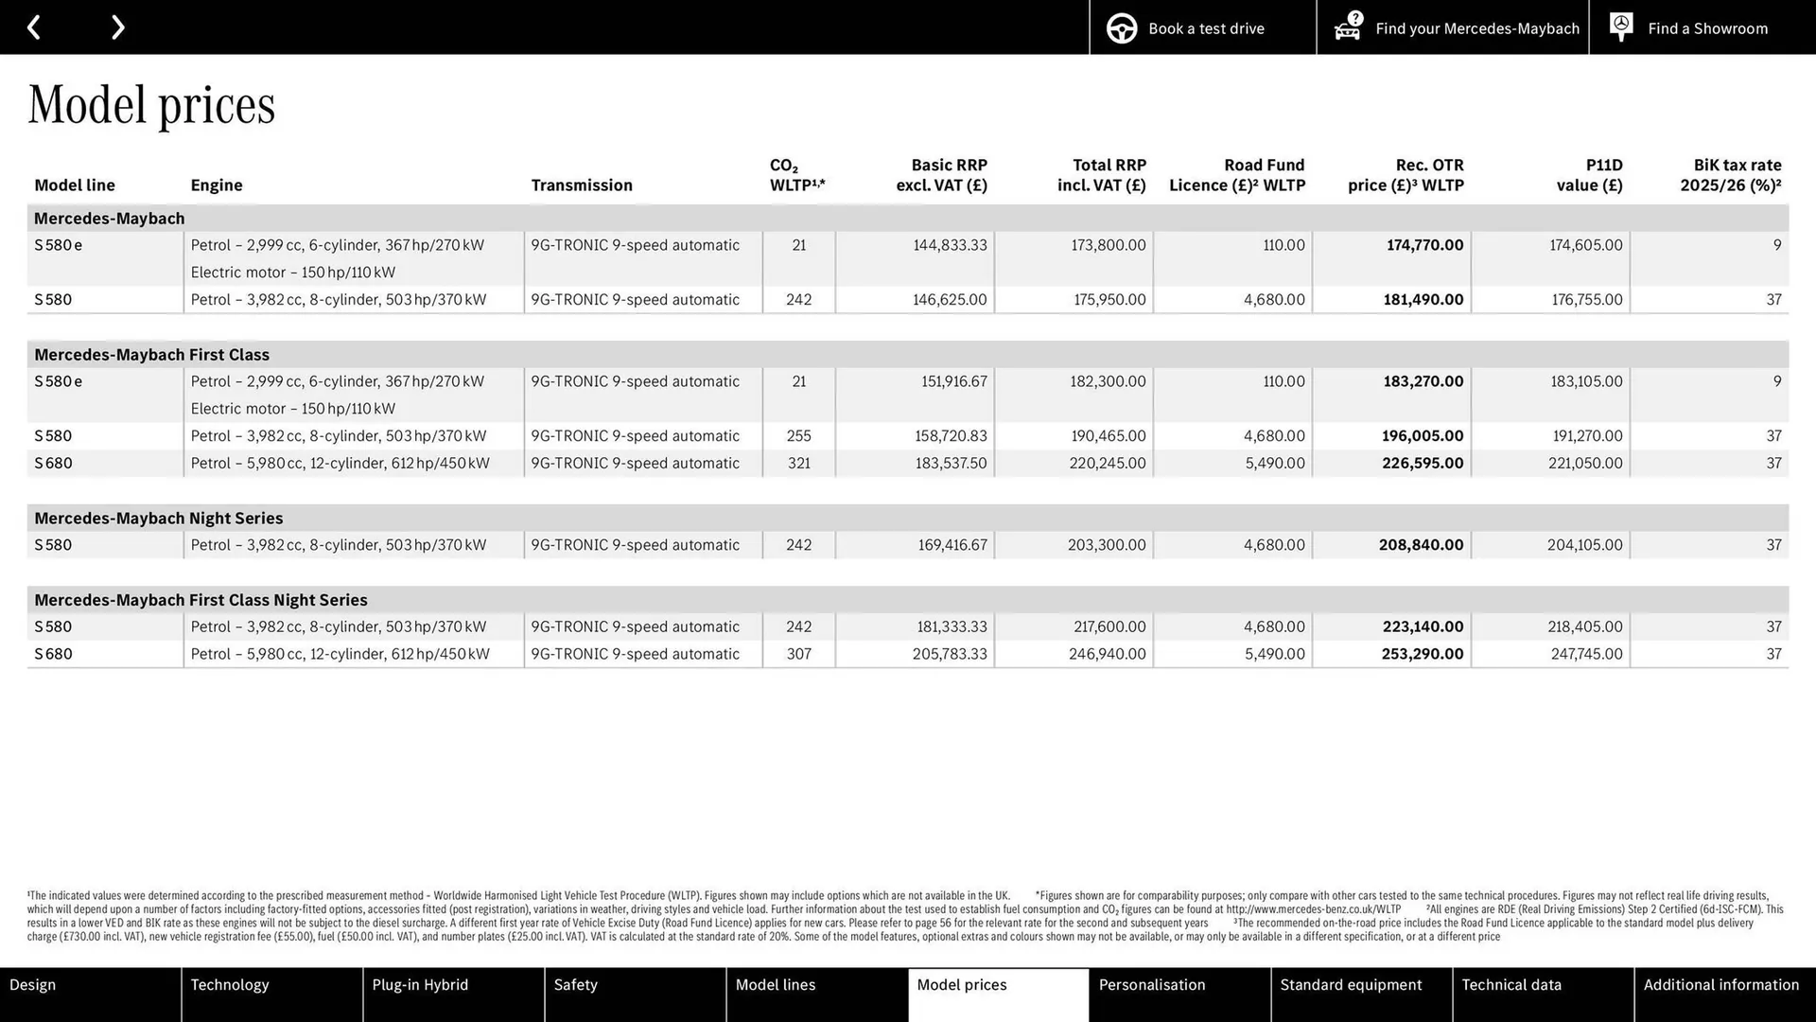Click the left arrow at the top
[34, 27]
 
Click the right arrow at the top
[117, 27]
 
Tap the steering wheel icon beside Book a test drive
[1122, 28]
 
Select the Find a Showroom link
[1706, 28]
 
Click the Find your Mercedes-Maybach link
[1476, 28]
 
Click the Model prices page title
[151, 104]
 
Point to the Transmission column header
[582, 185]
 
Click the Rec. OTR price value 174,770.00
[1424, 245]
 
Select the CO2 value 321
[798, 464]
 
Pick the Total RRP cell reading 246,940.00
[1107, 654]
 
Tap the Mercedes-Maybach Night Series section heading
[159, 519]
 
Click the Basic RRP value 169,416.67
[952, 545]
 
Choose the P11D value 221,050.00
[1584, 464]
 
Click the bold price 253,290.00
[1422, 654]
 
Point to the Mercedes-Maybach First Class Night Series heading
[201, 600]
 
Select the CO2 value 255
[798, 436]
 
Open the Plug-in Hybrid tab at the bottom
[421, 985]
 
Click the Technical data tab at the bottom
[1511, 985]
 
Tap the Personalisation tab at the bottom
[1152, 985]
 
